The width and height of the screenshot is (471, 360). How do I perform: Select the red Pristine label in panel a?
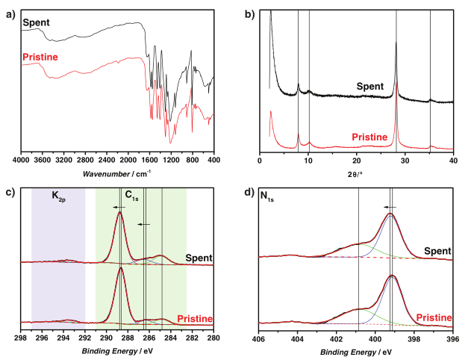40,57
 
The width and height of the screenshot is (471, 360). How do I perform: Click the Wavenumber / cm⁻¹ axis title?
117,173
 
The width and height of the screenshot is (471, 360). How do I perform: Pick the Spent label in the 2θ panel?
369,86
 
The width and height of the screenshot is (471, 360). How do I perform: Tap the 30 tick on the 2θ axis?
405,160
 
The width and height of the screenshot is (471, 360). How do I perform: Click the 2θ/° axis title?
356,172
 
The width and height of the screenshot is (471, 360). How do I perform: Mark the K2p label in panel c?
60,196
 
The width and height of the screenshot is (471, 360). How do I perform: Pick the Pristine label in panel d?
434,317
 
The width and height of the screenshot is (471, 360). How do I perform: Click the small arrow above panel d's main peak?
390,207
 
